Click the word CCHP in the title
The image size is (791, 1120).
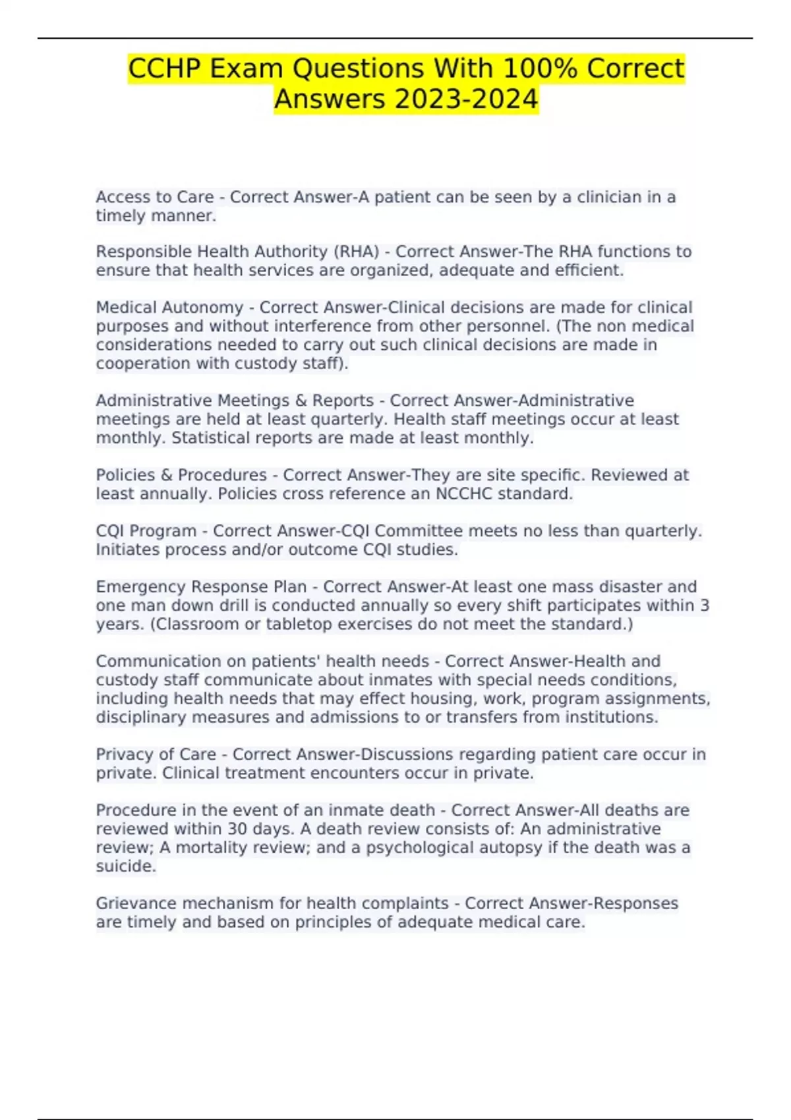[x=164, y=69]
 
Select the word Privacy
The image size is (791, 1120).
[x=123, y=754]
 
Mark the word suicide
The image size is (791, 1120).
[x=125, y=866]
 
